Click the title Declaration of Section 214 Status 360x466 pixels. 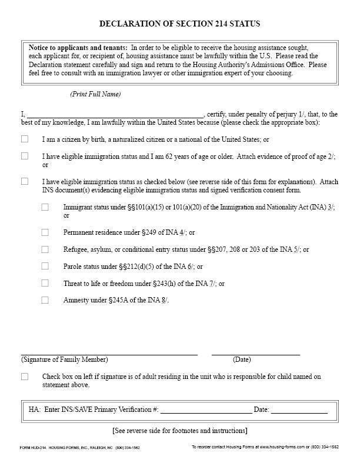[x=180, y=24]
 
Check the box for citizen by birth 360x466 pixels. [x=25, y=139]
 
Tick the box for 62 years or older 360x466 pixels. [x=25, y=157]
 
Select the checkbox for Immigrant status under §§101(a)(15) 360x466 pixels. [x=45, y=207]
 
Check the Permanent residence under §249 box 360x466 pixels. [x=45, y=232]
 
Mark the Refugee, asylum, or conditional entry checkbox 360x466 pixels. [x=45, y=249]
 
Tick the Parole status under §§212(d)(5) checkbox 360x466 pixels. [x=45, y=267]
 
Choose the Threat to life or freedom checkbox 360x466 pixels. [x=45, y=283]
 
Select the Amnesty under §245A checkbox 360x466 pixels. [x=45, y=300]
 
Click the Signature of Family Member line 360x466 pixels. [x=109, y=354]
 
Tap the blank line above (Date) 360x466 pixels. [x=256, y=354]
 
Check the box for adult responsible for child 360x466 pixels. [x=25, y=377]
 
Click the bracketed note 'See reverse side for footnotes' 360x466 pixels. [x=180, y=431]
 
